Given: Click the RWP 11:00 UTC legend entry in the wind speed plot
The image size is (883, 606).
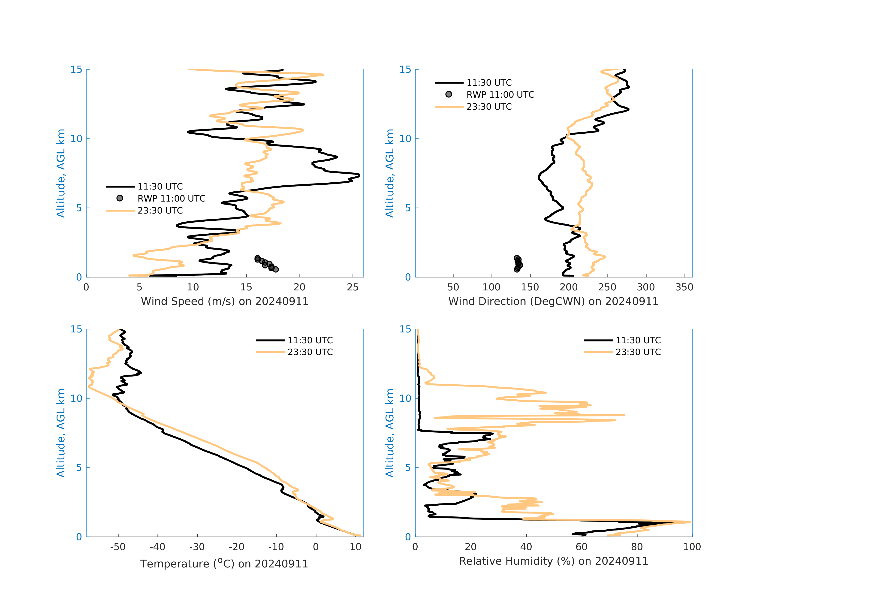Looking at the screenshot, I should pos(171,198).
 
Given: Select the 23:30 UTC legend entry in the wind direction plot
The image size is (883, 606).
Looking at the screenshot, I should pos(489,107).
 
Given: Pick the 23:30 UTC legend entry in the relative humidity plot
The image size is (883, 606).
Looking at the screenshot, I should pos(638,352).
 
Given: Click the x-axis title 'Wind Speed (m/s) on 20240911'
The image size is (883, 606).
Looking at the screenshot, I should pos(225,301).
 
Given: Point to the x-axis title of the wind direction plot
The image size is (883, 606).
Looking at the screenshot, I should pos(553,301).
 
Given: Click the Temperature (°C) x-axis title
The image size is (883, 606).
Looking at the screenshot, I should pos(224,564).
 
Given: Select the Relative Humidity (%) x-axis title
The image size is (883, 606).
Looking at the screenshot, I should pos(553,561).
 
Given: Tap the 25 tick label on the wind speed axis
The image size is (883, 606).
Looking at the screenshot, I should pos(353,287).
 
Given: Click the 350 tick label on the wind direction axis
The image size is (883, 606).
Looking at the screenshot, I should pos(684,287).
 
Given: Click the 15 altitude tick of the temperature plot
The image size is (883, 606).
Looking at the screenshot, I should pos(76,329).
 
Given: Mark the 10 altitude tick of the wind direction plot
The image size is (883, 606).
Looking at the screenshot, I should pos(405,139).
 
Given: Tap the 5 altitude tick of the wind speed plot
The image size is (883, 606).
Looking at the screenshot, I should pos(79,208).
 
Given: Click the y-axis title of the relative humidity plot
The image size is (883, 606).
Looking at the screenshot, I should pos(390,433).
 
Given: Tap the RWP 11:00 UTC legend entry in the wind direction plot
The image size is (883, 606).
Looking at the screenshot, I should pos(500,95).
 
